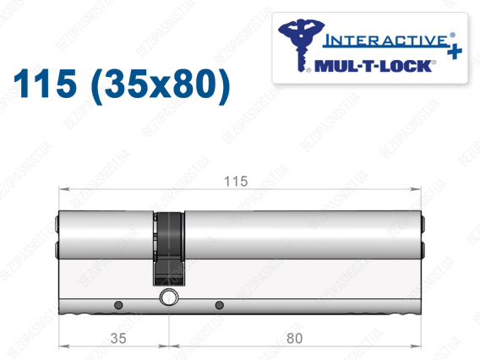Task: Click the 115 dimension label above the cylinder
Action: [236, 181]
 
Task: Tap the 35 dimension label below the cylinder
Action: [118, 338]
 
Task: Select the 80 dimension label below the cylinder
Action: [294, 338]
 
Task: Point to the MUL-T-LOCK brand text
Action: [374, 66]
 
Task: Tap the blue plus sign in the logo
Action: [455, 51]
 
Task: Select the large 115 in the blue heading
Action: [45, 84]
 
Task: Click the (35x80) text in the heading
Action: [161, 85]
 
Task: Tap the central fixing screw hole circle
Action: [169, 297]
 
